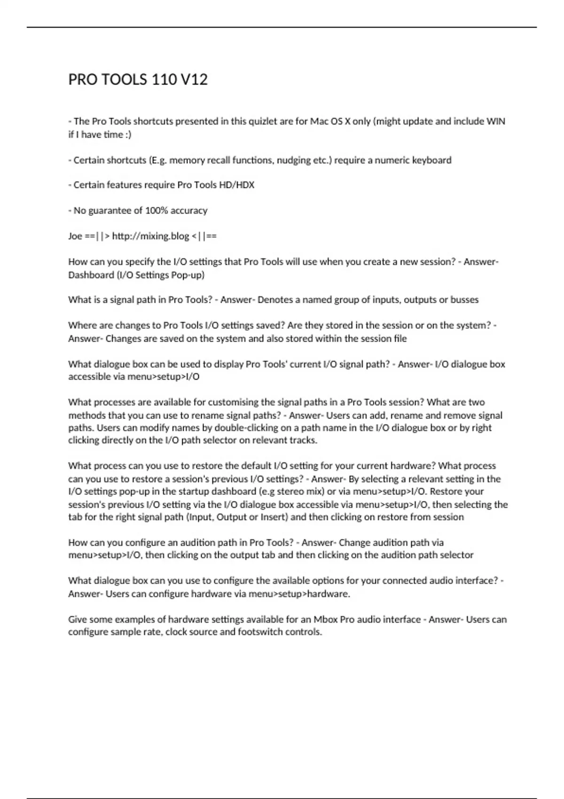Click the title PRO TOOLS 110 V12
click(138, 79)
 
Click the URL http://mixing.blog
click(150, 236)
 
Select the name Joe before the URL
click(75, 236)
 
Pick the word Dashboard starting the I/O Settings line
click(91, 275)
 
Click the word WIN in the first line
click(495, 121)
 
